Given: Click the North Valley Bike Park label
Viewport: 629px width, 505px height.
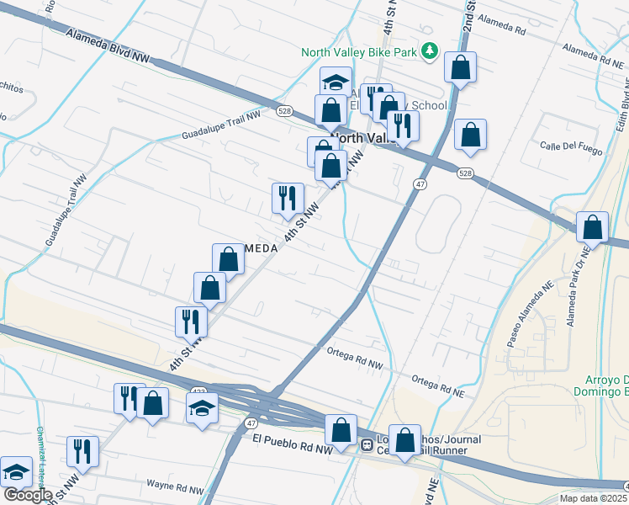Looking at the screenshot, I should pyautogui.click(x=360, y=51).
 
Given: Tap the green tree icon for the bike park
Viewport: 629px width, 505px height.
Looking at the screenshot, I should pyautogui.click(x=430, y=51).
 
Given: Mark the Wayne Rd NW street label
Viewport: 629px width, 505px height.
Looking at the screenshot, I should pyautogui.click(x=175, y=486).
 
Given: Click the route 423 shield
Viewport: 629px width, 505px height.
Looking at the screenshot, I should pyautogui.click(x=198, y=391).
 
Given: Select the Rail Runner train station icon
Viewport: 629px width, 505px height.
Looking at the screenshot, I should pyautogui.click(x=367, y=444).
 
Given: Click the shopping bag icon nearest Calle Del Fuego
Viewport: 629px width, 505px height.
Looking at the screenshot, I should pyautogui.click(x=470, y=135).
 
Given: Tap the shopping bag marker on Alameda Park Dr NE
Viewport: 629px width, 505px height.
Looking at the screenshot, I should pyautogui.click(x=593, y=227).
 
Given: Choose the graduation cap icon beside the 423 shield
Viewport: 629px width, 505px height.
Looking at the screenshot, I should pyautogui.click(x=201, y=410).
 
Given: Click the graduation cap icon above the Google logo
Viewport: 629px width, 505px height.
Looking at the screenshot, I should pyautogui.click(x=15, y=473).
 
